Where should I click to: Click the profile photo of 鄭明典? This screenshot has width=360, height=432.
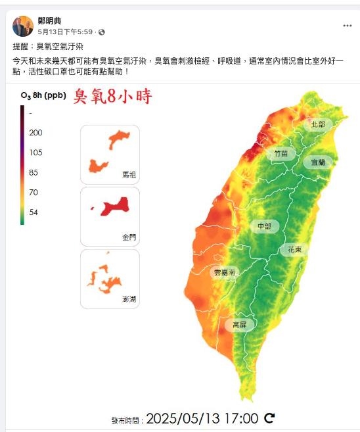coord(23,26)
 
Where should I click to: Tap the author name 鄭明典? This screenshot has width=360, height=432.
coord(51,21)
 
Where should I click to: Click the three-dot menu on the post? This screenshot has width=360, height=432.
coord(347,26)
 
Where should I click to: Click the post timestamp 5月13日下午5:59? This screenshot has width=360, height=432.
coord(66,32)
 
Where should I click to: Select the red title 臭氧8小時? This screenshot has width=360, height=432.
coord(112,97)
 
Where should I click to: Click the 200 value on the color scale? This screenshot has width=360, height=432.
coord(35,132)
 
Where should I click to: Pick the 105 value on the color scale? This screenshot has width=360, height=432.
coord(35,153)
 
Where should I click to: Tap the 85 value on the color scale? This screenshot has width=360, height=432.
coord(34,173)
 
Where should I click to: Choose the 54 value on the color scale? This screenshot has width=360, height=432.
coord(34,212)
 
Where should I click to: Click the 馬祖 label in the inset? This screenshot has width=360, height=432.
coord(129,176)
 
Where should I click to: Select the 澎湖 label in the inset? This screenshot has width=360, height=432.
coord(129,299)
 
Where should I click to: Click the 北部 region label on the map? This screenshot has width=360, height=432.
coord(319,124)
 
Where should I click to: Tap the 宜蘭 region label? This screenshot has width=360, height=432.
coord(318,162)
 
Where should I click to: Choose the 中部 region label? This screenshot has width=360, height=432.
coord(264,226)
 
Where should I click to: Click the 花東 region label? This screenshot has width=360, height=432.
coord(294,250)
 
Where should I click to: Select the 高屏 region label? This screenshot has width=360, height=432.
coord(240,324)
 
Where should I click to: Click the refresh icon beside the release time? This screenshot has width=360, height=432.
coord(269,418)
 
